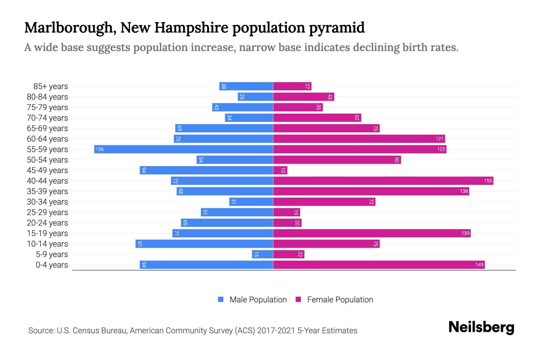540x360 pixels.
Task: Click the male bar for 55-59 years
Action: [x=184, y=149]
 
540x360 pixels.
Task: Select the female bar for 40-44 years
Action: [x=383, y=181]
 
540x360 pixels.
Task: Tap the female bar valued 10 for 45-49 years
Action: [x=280, y=170]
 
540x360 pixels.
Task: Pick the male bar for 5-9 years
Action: [x=262, y=254]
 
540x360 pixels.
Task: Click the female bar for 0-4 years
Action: [x=379, y=265]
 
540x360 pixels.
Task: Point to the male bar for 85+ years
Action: [x=246, y=86]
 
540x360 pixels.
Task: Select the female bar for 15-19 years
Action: [x=372, y=233]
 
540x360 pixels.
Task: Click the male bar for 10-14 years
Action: [x=204, y=244]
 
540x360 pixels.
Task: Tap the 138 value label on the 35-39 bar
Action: [x=464, y=191]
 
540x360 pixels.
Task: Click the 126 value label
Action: [x=100, y=149]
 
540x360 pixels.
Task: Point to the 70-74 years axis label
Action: [x=47, y=118]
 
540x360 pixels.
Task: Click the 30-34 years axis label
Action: [x=47, y=202]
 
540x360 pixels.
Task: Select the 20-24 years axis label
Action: [x=47, y=223]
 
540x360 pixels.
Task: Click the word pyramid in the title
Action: [x=337, y=28]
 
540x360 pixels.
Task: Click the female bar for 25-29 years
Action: [x=286, y=212]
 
